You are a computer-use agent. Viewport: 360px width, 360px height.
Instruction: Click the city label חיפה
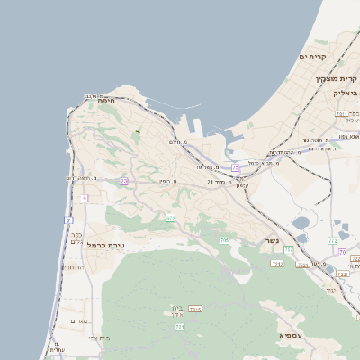106,102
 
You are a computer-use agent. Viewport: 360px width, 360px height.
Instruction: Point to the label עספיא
291,335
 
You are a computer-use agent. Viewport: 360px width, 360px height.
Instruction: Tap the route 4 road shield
85,198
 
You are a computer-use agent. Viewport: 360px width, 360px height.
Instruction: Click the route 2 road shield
68,220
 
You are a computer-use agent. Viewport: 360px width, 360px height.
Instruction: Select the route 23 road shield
123,181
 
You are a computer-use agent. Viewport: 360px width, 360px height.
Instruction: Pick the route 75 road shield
236,167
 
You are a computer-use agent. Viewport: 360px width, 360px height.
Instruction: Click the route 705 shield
224,240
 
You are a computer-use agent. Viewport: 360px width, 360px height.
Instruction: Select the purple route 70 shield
342,252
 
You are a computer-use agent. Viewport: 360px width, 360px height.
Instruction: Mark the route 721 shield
180,327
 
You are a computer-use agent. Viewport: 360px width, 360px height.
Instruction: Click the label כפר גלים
76,239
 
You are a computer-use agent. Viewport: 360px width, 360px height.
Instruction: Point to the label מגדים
78,320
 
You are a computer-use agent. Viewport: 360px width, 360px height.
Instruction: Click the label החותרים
72,267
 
